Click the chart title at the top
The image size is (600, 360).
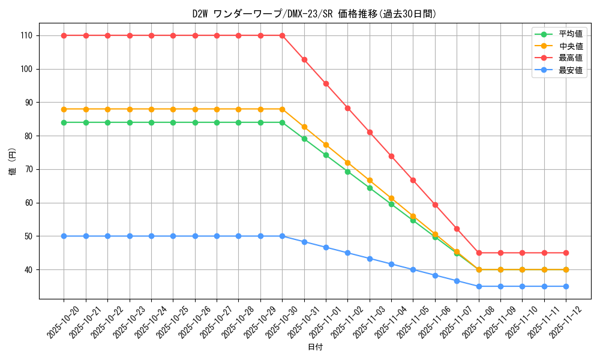click(314, 14)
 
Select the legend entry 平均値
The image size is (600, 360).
click(571, 34)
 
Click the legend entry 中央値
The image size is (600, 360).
click(571, 46)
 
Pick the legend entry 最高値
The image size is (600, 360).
click(571, 58)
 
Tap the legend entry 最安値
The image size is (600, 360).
click(571, 70)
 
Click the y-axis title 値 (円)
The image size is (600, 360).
click(13, 163)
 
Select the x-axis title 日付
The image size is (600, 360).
click(315, 347)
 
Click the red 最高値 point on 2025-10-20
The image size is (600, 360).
click(64, 35)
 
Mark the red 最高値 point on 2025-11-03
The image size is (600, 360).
click(370, 132)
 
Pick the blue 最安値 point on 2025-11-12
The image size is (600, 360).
click(566, 286)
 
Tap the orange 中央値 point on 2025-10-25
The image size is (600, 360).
click(173, 109)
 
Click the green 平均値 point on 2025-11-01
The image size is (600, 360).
click(326, 155)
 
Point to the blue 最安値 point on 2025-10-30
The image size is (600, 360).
click(282, 236)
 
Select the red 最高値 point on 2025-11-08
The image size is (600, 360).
click(479, 253)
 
